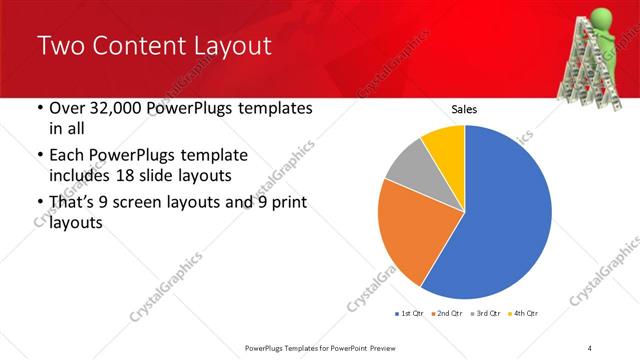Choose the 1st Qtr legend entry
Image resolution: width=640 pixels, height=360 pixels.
[414, 313]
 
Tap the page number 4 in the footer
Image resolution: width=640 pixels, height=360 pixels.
[590, 347]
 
